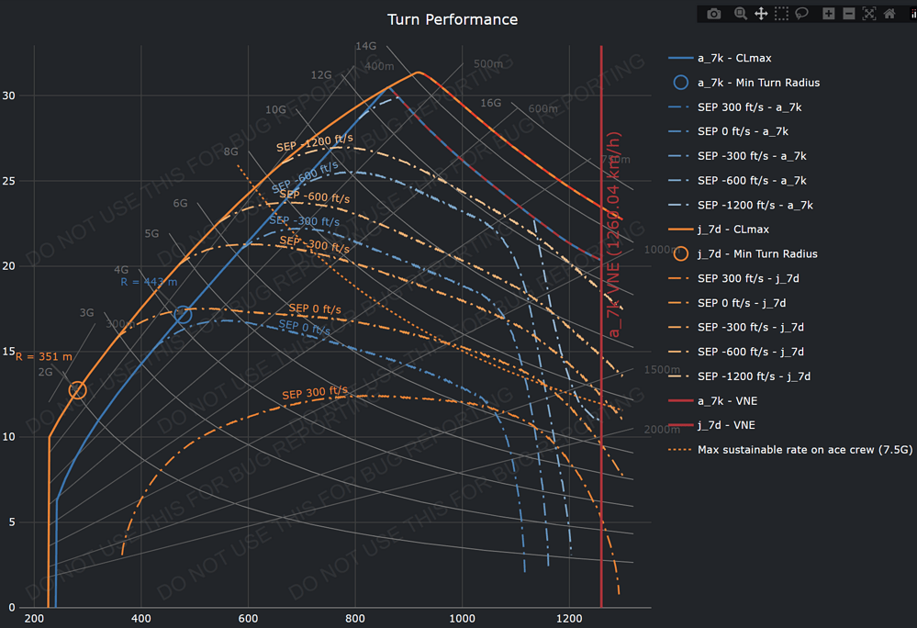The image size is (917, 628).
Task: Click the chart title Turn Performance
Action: pyautogui.click(x=452, y=19)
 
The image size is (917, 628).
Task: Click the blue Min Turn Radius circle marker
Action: pyautogui.click(x=183, y=315)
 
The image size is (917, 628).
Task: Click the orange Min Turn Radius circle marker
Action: pyautogui.click(x=77, y=390)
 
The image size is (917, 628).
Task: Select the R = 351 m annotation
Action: pyautogui.click(x=43, y=356)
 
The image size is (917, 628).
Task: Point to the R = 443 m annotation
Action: pyautogui.click(x=148, y=282)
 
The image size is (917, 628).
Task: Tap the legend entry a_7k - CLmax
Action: pyautogui.click(x=733, y=58)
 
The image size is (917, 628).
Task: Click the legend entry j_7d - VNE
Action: pyautogui.click(x=727, y=425)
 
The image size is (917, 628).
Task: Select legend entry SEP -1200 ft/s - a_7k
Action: pyautogui.click(x=755, y=205)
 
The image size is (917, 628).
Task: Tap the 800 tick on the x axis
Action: pyautogui.click(x=355, y=620)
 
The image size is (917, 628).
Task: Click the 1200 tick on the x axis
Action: pyautogui.click(x=569, y=620)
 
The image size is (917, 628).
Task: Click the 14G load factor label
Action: pyautogui.click(x=366, y=46)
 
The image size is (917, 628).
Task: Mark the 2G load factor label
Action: pyautogui.click(x=45, y=372)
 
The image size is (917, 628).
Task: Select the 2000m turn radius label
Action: pyautogui.click(x=661, y=430)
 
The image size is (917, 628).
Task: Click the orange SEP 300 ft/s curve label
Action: pyautogui.click(x=315, y=392)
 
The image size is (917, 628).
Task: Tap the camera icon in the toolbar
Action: pyautogui.click(x=714, y=14)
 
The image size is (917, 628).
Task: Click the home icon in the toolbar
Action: pyautogui.click(x=889, y=14)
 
